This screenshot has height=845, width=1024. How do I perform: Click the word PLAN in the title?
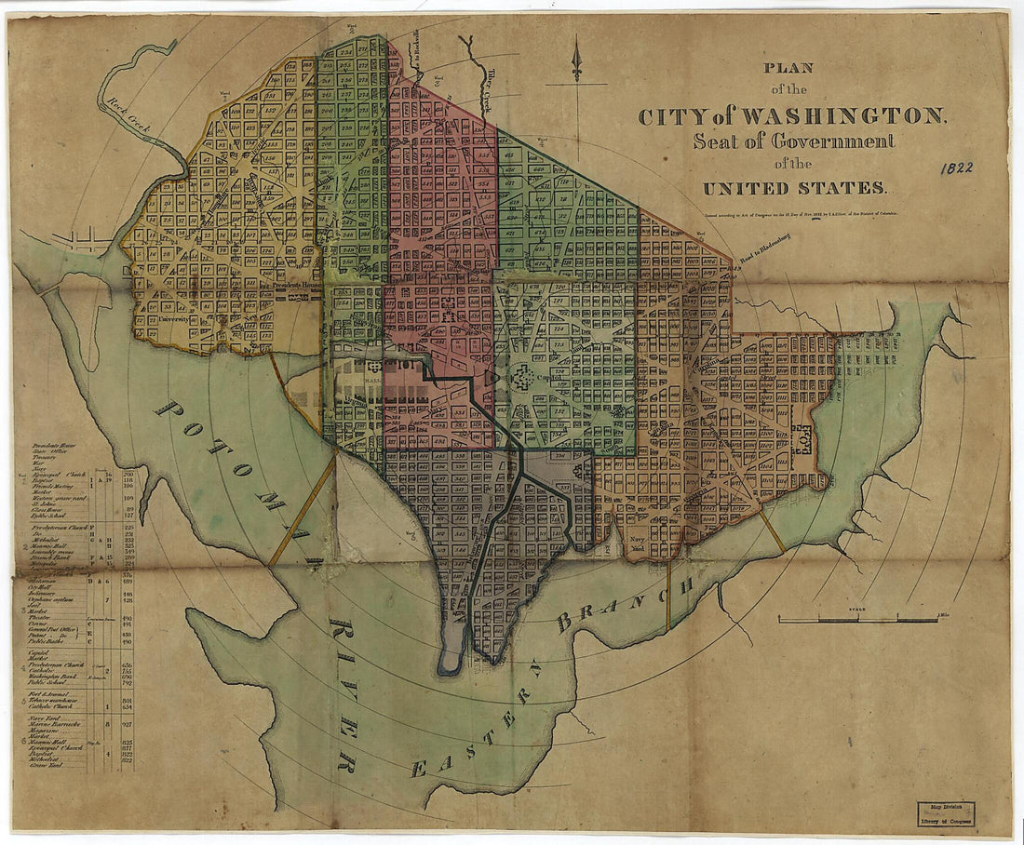pyautogui.click(x=788, y=68)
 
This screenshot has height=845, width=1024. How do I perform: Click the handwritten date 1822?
pyautogui.click(x=956, y=168)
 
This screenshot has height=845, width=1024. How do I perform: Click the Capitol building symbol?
pyautogui.click(x=523, y=379)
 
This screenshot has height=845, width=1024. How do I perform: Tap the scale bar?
pyautogui.click(x=844, y=618)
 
